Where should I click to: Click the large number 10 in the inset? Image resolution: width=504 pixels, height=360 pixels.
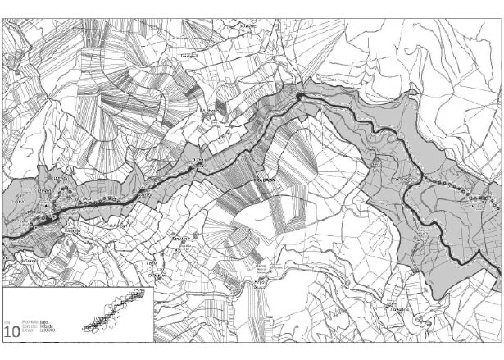point(12,332)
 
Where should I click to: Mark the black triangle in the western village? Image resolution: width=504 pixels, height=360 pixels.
point(52,219)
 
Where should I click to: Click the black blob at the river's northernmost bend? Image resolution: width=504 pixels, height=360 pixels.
point(301,97)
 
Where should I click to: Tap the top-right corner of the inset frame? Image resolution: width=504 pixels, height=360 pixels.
point(153,288)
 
